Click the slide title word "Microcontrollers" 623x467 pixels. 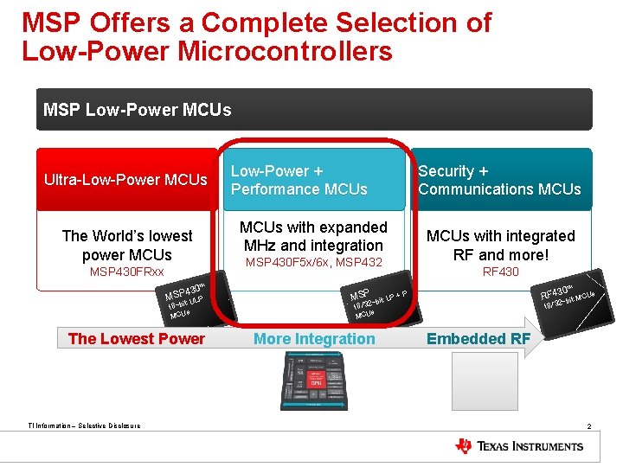(x=285, y=51)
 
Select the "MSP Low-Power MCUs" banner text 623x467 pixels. (x=138, y=110)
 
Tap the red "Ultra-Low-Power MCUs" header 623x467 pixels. (x=126, y=180)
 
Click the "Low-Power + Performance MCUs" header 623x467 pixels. (x=299, y=180)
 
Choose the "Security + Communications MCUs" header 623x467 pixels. (x=499, y=180)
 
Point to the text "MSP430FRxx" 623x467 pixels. (x=126, y=272)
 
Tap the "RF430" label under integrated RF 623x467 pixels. (x=500, y=272)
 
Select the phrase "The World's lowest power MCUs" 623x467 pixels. (x=126, y=245)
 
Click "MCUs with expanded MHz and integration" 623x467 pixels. (x=313, y=236)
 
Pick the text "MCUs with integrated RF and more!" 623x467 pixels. (x=500, y=245)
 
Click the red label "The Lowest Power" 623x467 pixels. (x=136, y=339)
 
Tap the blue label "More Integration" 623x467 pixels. (x=314, y=339)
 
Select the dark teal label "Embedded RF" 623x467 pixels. (x=478, y=339)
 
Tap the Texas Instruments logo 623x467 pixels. (x=519, y=446)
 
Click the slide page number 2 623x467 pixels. (x=588, y=427)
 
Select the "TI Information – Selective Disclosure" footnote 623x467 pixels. (x=84, y=425)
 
